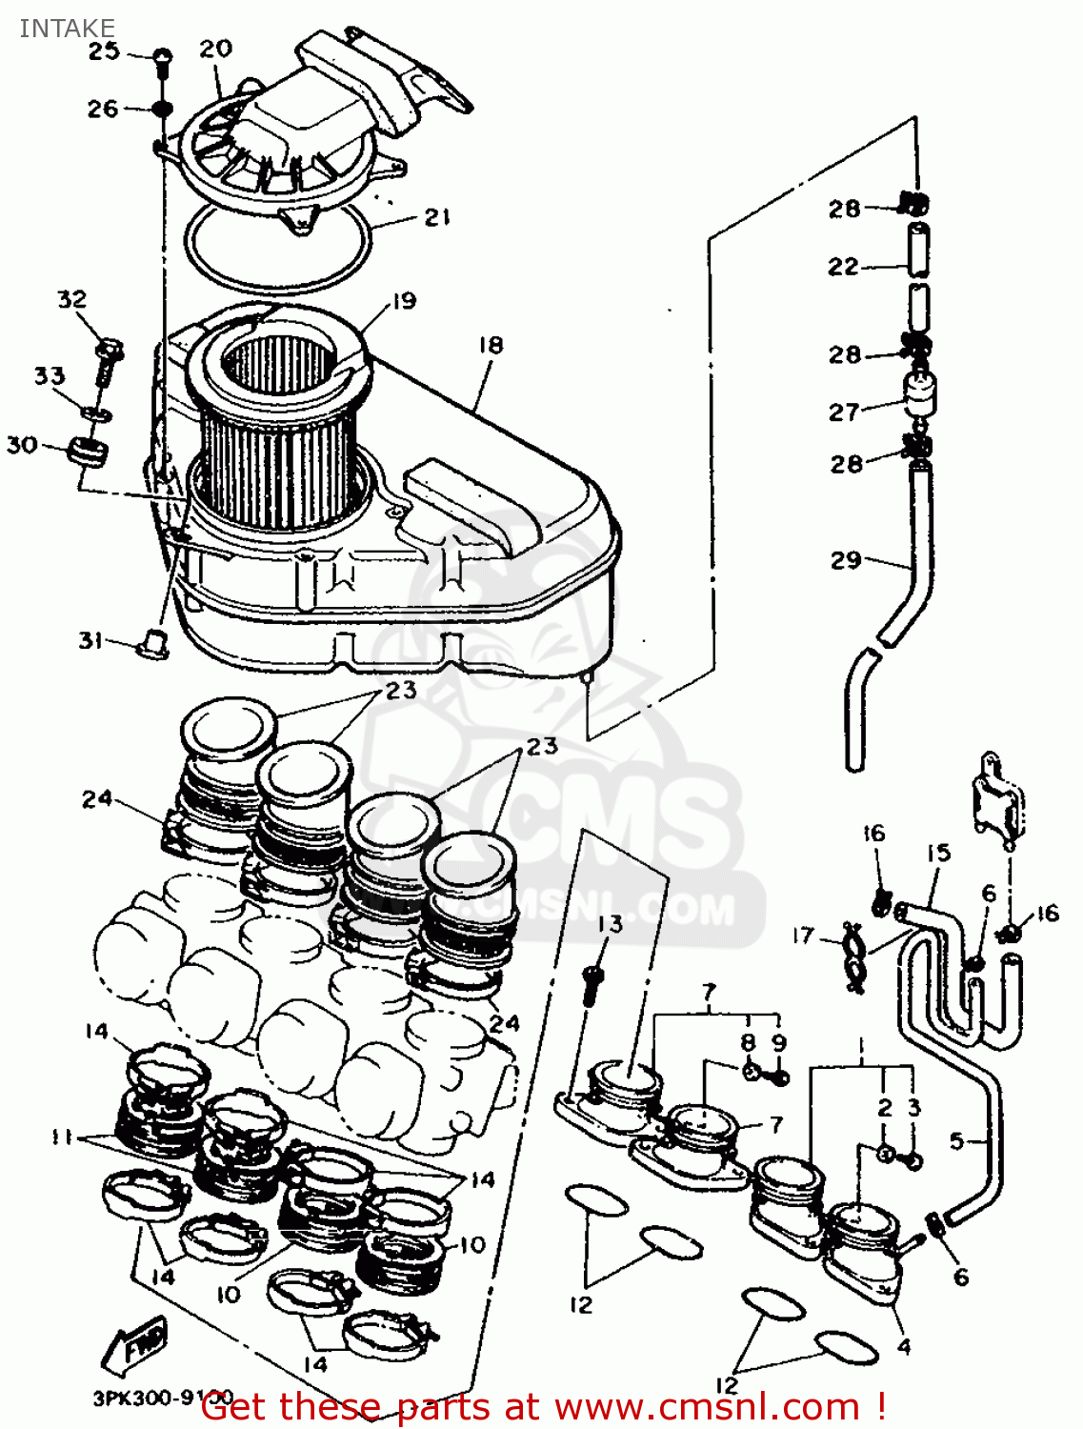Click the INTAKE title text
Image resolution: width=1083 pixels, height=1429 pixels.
click(x=67, y=28)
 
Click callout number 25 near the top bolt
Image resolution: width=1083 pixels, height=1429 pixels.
click(x=104, y=50)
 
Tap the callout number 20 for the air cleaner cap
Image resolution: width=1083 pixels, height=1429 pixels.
click(x=215, y=49)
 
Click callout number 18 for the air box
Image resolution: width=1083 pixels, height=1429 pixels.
click(x=491, y=345)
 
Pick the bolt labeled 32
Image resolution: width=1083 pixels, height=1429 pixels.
click(x=109, y=356)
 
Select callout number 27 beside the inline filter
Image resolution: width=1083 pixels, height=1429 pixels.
click(x=844, y=413)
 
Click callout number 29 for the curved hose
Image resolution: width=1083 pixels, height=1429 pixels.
click(x=846, y=560)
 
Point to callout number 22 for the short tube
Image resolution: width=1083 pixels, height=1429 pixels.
click(x=843, y=267)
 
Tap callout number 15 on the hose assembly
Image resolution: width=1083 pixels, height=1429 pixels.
click(x=938, y=853)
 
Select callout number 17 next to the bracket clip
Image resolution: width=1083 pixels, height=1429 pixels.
click(x=803, y=936)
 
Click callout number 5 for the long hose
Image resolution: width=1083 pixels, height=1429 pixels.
click(x=957, y=1140)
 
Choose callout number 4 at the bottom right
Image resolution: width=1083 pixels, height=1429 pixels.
click(x=904, y=1346)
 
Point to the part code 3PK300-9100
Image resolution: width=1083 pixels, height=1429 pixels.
click(x=162, y=1399)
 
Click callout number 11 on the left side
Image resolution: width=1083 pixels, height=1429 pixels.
click(x=63, y=1137)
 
